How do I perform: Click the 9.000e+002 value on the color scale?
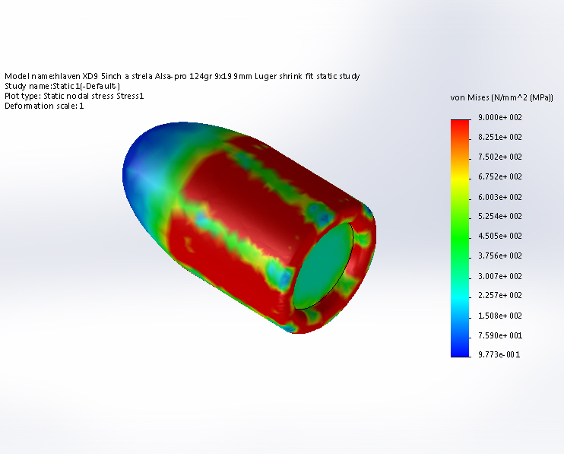(499, 117)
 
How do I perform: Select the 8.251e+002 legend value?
(499, 137)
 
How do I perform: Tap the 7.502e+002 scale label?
(499, 157)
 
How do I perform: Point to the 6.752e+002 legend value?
(499, 176)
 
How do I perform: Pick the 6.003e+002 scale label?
(499, 197)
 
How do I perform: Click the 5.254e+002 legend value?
(499, 216)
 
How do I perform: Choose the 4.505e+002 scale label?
(499, 236)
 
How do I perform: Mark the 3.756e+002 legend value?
(499, 256)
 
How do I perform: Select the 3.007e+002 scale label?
(499, 276)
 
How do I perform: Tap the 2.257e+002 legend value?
(499, 295)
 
